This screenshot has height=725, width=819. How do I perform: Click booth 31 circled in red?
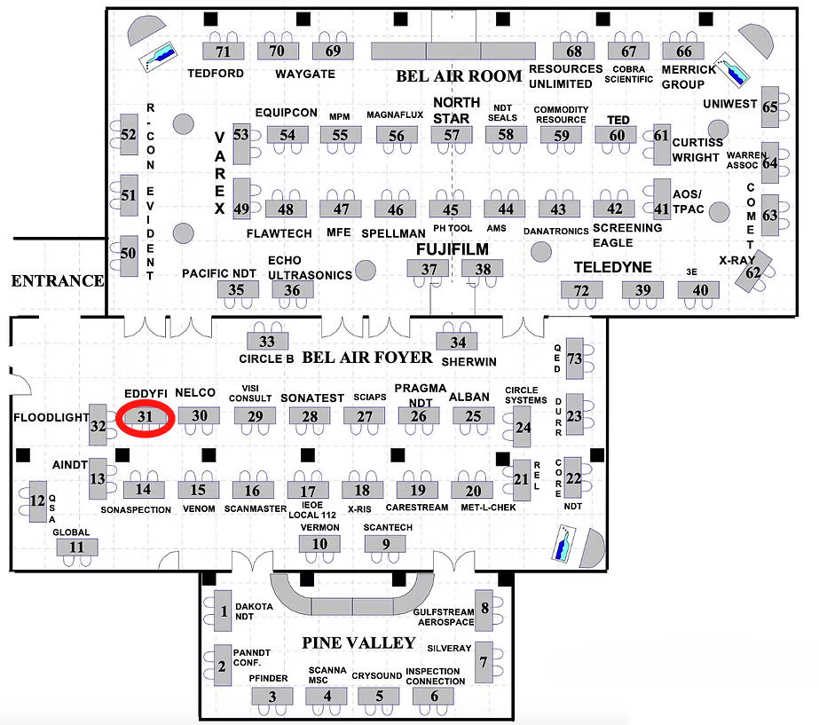[145, 415]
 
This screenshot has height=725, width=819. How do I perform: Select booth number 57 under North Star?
[453, 135]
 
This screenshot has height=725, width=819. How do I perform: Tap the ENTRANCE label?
[57, 281]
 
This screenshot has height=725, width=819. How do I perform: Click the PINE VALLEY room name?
[358, 642]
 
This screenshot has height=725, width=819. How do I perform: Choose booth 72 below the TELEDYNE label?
[582, 290]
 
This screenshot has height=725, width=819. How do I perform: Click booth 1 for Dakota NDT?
[224, 611]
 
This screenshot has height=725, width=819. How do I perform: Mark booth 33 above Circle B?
[267, 341]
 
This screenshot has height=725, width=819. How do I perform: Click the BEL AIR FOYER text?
[367, 358]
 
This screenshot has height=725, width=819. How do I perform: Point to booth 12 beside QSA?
[37, 500]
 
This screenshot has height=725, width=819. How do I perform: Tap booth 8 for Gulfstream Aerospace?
[484, 609]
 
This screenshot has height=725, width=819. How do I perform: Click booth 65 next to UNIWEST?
[770, 107]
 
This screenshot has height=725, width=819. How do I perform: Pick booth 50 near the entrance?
[128, 254]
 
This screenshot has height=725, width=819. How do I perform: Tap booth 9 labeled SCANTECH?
[386, 544]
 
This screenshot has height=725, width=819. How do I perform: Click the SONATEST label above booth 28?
[311, 398]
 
